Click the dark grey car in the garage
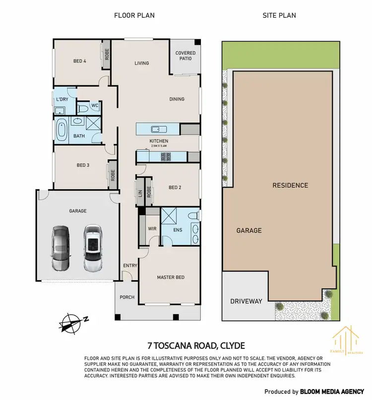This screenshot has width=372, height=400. click(x=60, y=248)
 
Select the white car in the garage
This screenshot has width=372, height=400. click(x=93, y=248)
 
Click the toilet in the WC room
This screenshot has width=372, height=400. click(x=83, y=107)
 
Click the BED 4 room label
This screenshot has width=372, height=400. click(x=80, y=61)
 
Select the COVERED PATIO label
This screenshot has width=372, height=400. click(x=186, y=56)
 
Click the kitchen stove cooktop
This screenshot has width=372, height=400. click(x=165, y=157)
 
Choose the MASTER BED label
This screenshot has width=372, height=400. click(x=171, y=277)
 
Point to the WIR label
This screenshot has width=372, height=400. click(x=152, y=229)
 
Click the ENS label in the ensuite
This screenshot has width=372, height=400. click(x=177, y=230)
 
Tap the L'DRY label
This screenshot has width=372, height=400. click(x=62, y=100)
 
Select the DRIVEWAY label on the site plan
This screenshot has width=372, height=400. click(x=246, y=301)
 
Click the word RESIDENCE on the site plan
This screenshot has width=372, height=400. click(x=290, y=185)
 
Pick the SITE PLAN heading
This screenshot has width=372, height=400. click(x=279, y=15)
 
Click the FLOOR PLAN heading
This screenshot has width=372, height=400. click(x=134, y=15)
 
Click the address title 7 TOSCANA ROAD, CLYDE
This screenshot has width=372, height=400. click(x=196, y=345)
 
